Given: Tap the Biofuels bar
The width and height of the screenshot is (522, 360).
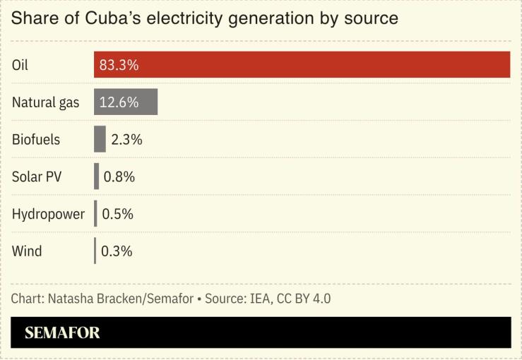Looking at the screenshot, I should [x=100, y=139].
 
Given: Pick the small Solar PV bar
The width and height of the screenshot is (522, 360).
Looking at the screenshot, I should [x=97, y=176].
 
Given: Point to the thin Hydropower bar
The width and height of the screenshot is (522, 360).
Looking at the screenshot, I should [x=95, y=213].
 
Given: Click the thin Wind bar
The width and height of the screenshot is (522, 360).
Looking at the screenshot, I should [x=95, y=251].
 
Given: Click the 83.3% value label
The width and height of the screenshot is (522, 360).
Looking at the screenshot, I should [x=119, y=65].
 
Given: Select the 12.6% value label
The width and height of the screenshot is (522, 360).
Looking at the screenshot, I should [x=118, y=102].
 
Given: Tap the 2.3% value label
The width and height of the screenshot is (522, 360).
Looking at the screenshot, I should [x=126, y=139].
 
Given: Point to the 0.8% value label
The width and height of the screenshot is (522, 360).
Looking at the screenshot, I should [x=119, y=176].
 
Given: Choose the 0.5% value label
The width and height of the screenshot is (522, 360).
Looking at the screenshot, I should [x=117, y=213].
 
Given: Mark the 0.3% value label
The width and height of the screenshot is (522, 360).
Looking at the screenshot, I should [x=117, y=251].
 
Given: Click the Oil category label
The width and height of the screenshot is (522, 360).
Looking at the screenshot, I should [x=20, y=65].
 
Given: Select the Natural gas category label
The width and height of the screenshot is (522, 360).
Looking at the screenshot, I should [x=45, y=102].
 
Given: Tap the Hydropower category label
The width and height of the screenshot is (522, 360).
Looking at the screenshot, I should [x=48, y=213].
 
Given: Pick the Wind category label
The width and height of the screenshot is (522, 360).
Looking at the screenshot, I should [x=27, y=251].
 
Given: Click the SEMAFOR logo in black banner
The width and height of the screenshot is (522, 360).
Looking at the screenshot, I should [x=62, y=333].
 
